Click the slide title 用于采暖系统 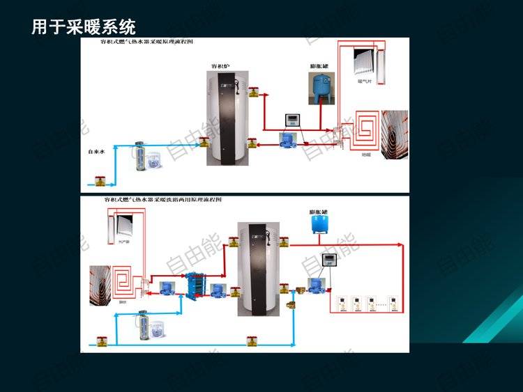[84, 27]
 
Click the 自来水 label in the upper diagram [95, 150]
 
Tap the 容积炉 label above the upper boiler [221, 67]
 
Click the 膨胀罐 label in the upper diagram [319, 67]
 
